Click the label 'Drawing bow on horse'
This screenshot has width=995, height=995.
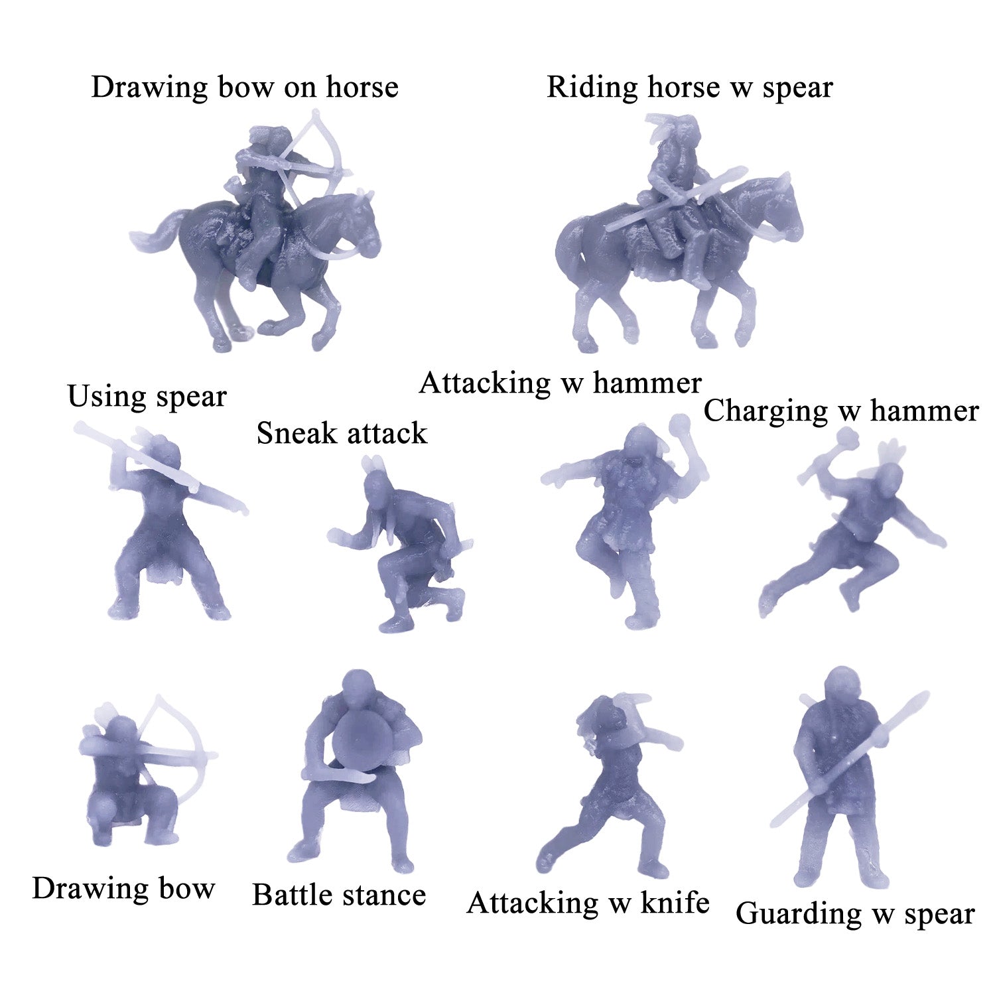pos(244,87)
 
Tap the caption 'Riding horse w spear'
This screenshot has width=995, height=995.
pos(689,87)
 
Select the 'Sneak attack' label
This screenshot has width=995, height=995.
pos(342,433)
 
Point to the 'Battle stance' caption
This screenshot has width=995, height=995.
pos(339,895)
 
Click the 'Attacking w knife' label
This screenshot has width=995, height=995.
pos(588,903)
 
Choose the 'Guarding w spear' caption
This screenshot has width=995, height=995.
pos(855,913)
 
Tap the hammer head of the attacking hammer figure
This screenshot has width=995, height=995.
pos(681,423)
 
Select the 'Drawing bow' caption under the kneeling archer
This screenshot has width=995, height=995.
pos(123,889)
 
